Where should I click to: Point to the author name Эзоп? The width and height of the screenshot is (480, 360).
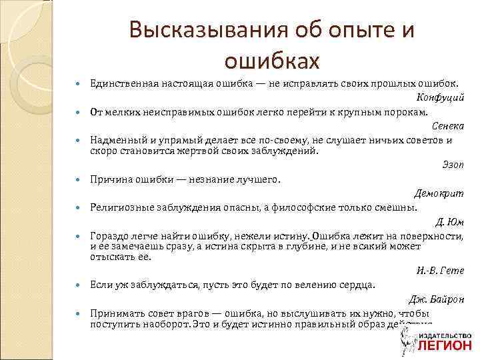[x=453, y=164]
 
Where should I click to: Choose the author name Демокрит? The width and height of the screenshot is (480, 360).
[x=439, y=193]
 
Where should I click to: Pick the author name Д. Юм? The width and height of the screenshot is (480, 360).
[x=450, y=222]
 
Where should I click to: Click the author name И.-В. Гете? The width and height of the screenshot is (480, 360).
[x=443, y=270]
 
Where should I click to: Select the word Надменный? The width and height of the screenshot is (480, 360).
[x=115, y=141]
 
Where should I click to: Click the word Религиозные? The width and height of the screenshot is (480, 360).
[x=119, y=207]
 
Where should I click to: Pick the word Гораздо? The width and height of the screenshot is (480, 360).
[x=108, y=236]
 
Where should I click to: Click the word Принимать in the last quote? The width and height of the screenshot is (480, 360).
[x=113, y=313]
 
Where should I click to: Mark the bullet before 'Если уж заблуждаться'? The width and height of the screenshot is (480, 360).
[x=79, y=285]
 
